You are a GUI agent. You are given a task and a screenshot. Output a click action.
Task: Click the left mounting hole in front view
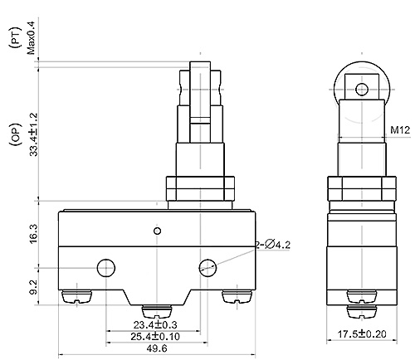click(x=105, y=267)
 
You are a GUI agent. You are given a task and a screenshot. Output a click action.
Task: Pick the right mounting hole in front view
click(x=207, y=267)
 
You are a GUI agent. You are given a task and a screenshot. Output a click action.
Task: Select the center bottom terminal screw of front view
click(x=156, y=309)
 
